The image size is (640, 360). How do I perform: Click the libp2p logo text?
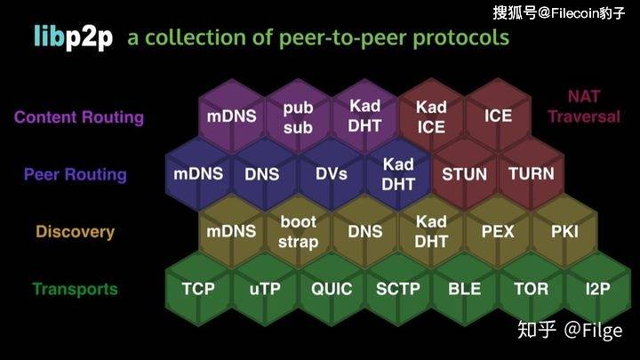(73, 38)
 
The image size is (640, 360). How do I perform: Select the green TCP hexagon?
(198, 289)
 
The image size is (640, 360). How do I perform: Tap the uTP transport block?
(265, 289)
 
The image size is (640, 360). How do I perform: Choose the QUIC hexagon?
(332, 289)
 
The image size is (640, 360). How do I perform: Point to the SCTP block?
(397, 289)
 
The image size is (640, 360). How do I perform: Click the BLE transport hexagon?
(464, 289)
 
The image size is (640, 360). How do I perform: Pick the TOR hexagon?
(531, 289)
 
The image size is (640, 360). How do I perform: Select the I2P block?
(596, 289)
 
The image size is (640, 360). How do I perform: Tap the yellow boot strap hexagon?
(299, 231)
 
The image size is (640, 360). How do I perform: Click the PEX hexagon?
(498, 231)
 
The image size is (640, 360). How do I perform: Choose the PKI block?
(564, 231)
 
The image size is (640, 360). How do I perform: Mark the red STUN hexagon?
(464, 173)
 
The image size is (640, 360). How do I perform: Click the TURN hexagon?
(531, 173)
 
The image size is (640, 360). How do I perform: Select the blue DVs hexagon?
(332, 173)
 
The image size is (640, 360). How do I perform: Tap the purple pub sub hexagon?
(299, 116)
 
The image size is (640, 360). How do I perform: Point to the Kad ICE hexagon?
(431, 116)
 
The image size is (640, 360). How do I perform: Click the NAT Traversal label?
(583, 107)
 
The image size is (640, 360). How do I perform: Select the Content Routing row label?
(78, 117)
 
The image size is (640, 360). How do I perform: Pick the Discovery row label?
(76, 232)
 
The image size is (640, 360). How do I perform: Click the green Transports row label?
(75, 289)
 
